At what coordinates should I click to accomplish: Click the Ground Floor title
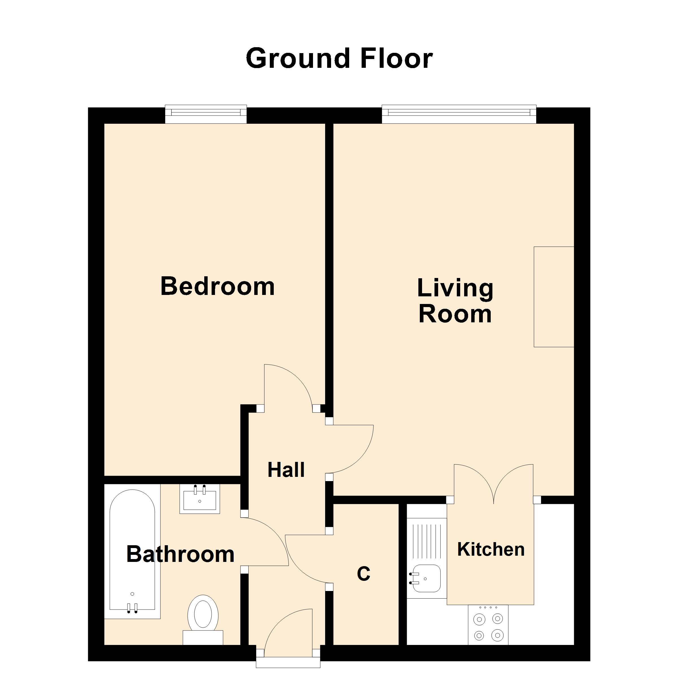pyautogui.click(x=339, y=58)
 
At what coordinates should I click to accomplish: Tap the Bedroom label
pyautogui.click(x=217, y=286)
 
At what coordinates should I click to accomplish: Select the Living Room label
pyautogui.click(x=455, y=301)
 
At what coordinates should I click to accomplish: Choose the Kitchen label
pyautogui.click(x=491, y=549)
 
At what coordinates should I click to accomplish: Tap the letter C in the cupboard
pyautogui.click(x=363, y=574)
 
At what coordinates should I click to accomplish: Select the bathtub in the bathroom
pyautogui.click(x=132, y=551)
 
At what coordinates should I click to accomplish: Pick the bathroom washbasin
pyautogui.click(x=200, y=499)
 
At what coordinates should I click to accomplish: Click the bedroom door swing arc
pyautogui.click(x=291, y=386)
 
